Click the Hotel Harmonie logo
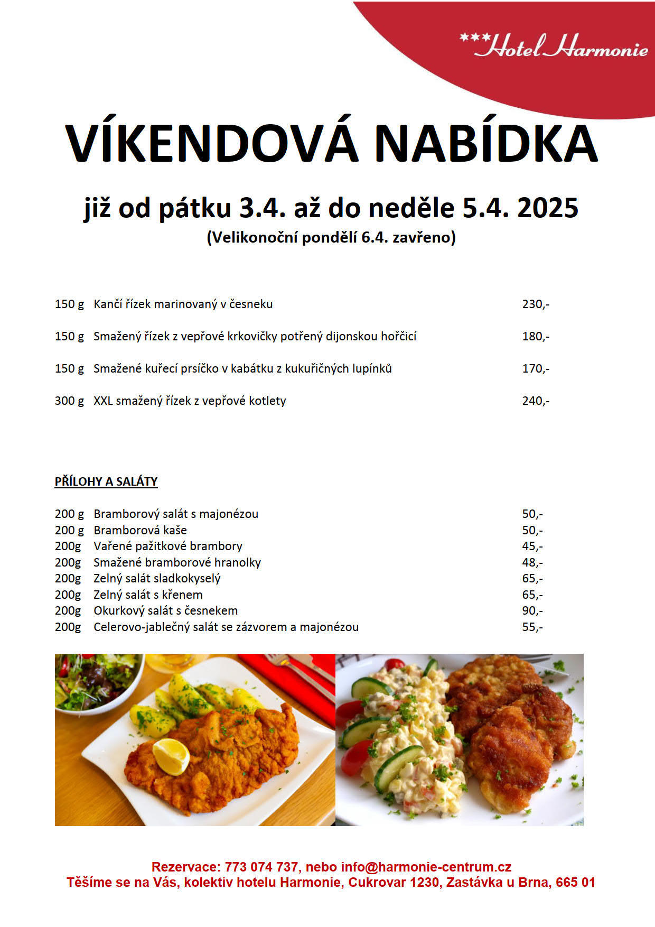click(555, 47)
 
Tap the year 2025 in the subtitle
click(548, 208)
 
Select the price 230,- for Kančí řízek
click(535, 304)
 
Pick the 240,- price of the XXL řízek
click(535, 401)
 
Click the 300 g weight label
click(69, 401)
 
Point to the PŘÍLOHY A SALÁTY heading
click(106, 481)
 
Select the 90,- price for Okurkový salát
click(532, 611)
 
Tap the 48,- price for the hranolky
click(532, 562)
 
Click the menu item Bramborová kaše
click(140, 530)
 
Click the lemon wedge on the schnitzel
click(171, 756)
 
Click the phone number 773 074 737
click(261, 867)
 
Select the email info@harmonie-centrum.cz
click(426, 867)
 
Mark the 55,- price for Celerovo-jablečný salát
click(532, 627)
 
